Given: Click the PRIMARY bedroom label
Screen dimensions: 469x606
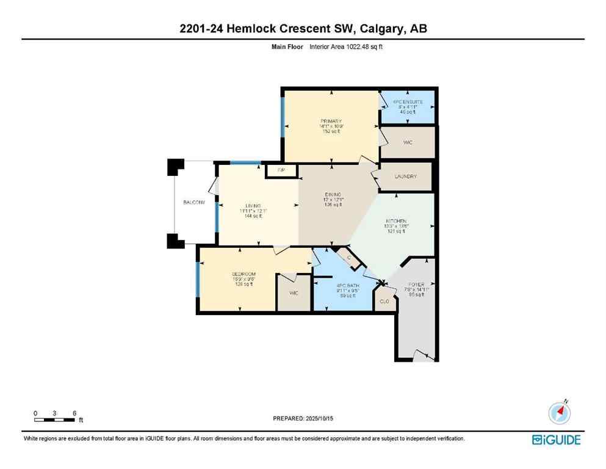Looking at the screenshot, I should (331, 122).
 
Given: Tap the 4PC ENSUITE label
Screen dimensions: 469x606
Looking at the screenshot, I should (408, 102).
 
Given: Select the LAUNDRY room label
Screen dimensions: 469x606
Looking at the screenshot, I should (405, 176).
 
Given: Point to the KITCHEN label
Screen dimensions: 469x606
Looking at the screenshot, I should (395, 221).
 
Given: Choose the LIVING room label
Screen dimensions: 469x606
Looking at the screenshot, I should (253, 206).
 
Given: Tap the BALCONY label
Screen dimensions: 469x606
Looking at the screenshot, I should (194, 202).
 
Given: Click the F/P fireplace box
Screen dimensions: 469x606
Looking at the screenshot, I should (281, 170).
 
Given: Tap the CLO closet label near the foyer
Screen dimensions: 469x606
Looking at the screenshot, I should (384, 302).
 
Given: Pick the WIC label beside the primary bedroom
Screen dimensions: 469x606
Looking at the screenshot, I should (408, 142).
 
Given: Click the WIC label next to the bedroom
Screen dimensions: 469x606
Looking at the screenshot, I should (293, 294).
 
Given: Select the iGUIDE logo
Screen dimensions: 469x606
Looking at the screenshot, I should (556, 440).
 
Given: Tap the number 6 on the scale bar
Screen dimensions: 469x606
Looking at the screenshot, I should (74, 413).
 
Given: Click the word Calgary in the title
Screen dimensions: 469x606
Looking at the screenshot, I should (383, 29).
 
